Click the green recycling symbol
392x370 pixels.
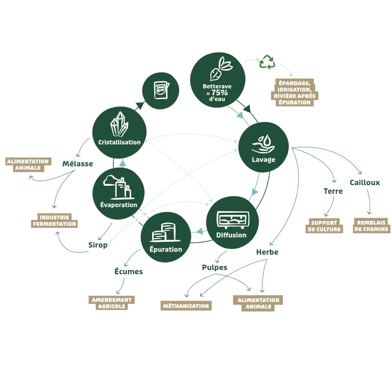tap(267, 62)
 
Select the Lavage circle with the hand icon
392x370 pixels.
tap(263, 147)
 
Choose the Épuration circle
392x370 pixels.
tap(166, 237)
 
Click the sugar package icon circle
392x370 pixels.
tap(161, 90)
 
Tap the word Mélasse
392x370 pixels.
tap(78, 164)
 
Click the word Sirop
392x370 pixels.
tap(98, 245)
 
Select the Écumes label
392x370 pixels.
tap(128, 272)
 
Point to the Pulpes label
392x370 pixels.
tap(214, 267)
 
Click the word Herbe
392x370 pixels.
tap(267, 252)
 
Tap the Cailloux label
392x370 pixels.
tap(364, 182)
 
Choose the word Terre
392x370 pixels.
tap(333, 191)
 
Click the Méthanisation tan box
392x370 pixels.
tap(186, 306)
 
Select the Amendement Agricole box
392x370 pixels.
tap(112, 303)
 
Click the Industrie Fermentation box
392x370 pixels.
tap(54, 221)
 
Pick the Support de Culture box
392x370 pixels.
tap(324, 226)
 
